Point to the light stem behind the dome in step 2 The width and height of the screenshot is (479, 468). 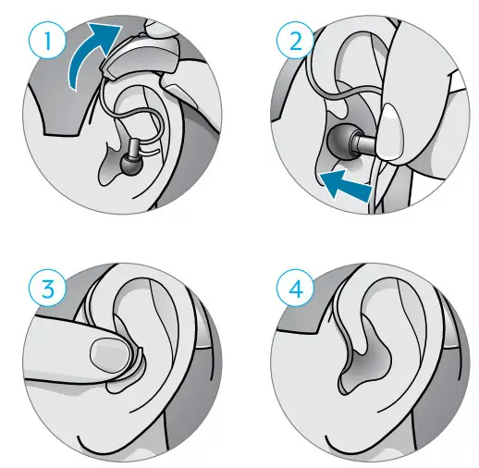point(366,145)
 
